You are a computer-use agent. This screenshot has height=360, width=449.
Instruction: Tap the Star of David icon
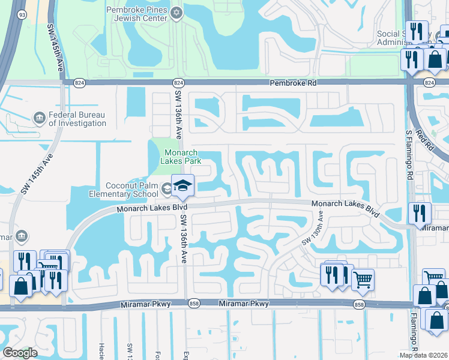(x=176, y=13)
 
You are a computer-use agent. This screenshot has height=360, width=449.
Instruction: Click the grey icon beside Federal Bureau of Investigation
(x=39, y=116)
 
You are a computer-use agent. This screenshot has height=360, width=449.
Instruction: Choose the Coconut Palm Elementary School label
(x=132, y=190)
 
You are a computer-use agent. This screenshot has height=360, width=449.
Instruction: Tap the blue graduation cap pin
(x=182, y=185)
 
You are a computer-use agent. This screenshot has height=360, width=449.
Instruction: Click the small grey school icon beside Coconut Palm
(x=167, y=190)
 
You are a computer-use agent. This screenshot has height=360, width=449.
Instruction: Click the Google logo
(x=20, y=353)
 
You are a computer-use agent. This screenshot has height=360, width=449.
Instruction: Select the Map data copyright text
(x=424, y=355)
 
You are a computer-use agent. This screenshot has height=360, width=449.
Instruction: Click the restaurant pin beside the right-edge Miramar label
(x=418, y=213)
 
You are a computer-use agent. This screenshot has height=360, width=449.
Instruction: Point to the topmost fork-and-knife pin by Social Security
(x=415, y=32)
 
